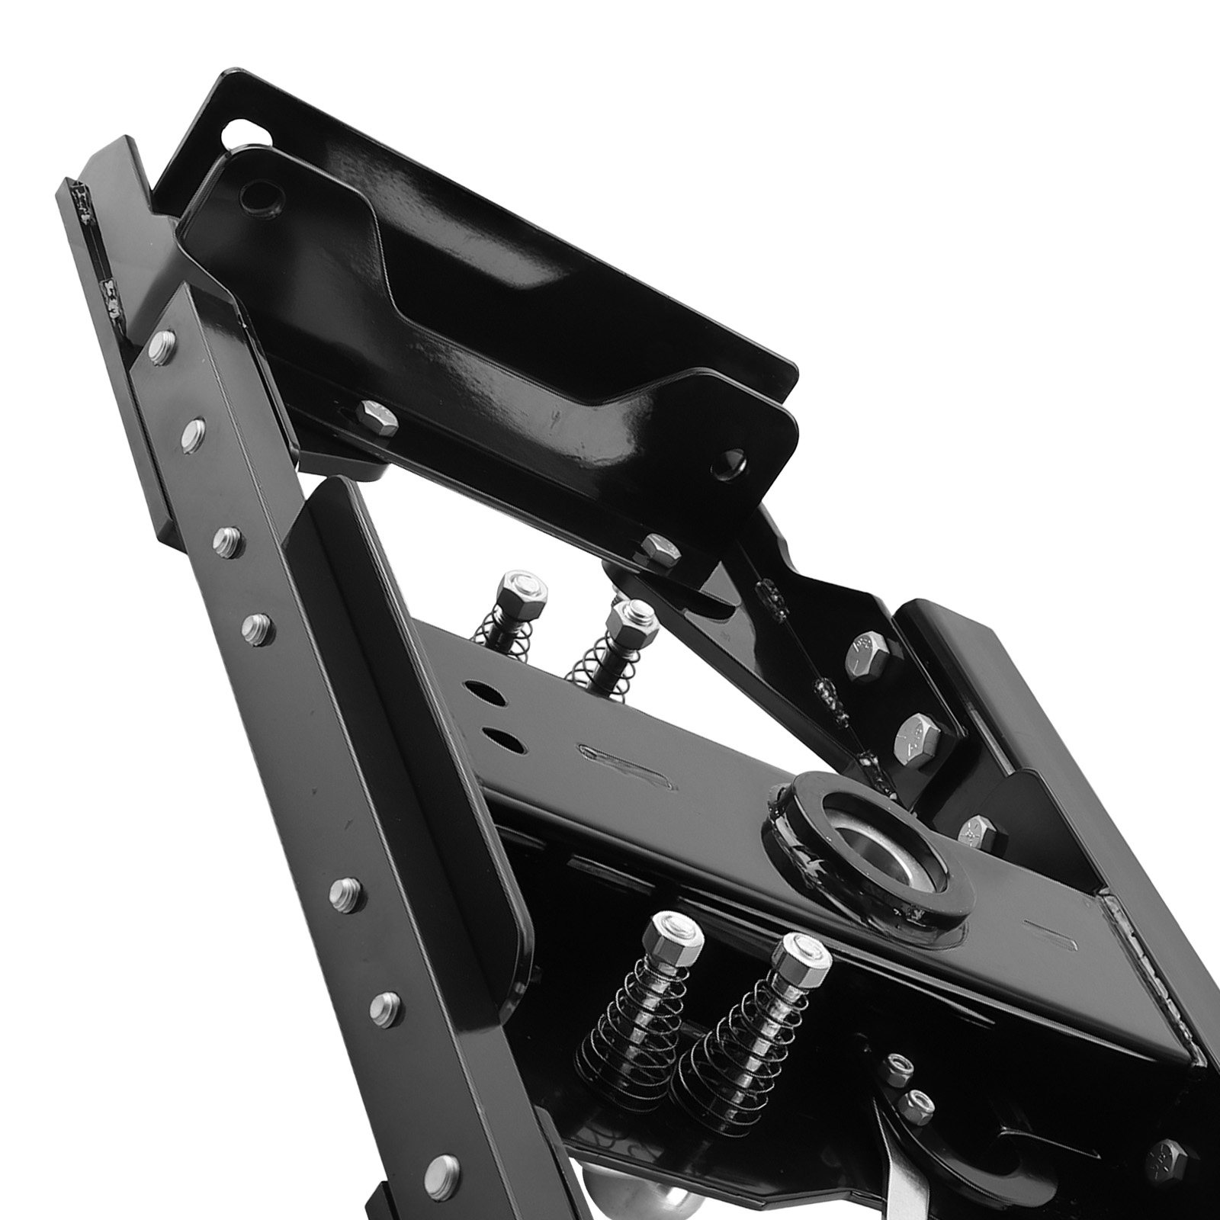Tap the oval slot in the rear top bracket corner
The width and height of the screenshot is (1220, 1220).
242,134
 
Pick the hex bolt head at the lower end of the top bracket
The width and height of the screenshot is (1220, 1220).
658,550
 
